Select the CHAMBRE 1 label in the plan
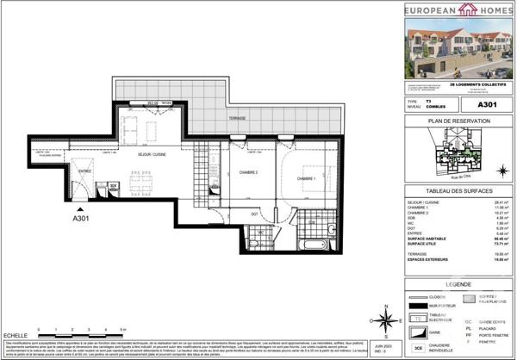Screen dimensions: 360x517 [x=306, y=178]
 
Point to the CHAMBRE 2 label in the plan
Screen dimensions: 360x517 [x=248, y=172]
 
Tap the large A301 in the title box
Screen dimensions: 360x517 [x=487, y=103]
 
